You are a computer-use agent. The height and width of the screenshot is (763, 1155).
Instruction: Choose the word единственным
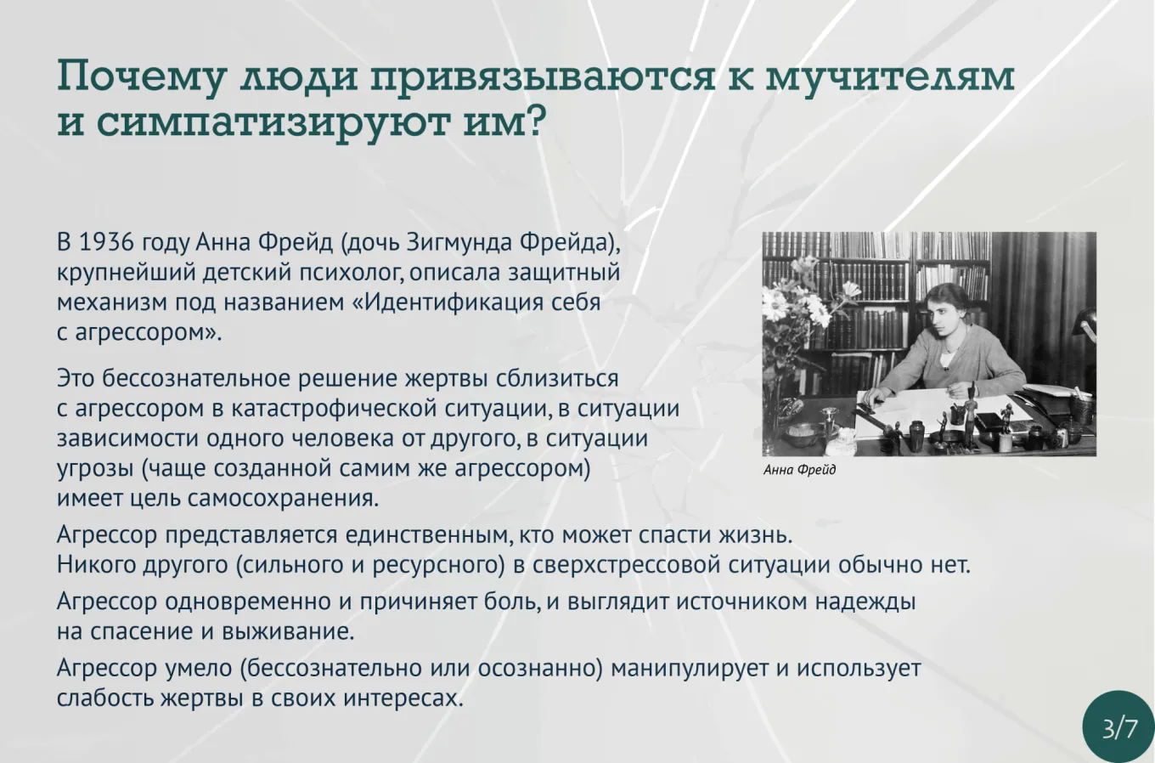click(x=428, y=535)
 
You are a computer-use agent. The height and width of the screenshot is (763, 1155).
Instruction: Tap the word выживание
click(x=288, y=631)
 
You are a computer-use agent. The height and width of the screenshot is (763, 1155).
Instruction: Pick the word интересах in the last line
click(x=403, y=698)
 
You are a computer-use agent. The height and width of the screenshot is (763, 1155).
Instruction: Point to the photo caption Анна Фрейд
click(x=799, y=470)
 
